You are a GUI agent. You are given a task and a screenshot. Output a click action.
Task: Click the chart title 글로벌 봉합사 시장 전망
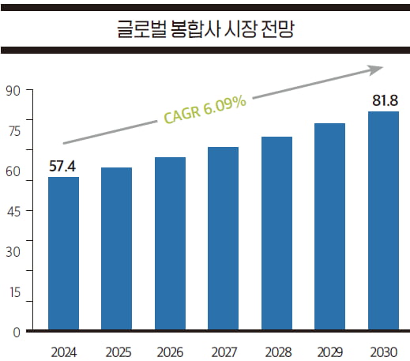pos(205,31)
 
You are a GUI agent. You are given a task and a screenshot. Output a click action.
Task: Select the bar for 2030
pos(383,220)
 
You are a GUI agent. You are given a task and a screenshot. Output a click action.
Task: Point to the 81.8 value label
pos(384,101)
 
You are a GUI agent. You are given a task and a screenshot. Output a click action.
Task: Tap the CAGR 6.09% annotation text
pos(205,110)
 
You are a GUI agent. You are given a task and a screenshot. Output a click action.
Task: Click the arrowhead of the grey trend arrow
pos(376,70)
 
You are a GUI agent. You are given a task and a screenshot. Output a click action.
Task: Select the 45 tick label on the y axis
pos(12,211)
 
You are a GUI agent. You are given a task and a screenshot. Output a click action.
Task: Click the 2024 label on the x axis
pos(63,350)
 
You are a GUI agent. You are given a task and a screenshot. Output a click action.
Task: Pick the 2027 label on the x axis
pos(224,350)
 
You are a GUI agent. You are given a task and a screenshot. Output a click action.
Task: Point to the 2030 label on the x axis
pos(383,350)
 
